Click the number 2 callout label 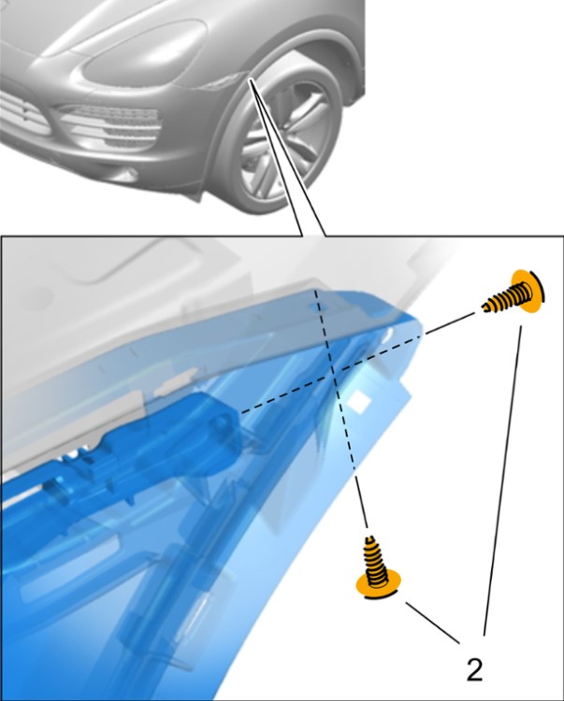coord(474,670)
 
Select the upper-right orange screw coord(514,293)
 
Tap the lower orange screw coord(377,568)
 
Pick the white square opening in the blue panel coord(359,401)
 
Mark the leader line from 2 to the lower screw coord(433,622)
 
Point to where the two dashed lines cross coord(333,369)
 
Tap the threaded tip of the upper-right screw coord(486,306)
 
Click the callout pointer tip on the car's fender coord(251,79)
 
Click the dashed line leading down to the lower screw coord(341,408)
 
